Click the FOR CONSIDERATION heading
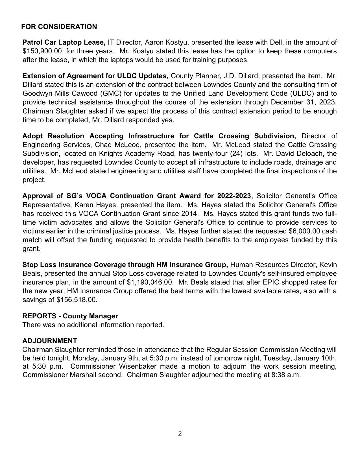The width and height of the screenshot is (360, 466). point(59,27)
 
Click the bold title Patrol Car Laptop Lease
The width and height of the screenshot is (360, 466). point(64,42)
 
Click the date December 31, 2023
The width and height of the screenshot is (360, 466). point(304,102)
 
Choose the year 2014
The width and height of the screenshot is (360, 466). point(190,213)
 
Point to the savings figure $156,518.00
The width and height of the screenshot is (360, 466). point(77,300)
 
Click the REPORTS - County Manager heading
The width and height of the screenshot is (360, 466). point(70,316)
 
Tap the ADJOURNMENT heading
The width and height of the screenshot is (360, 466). point(50,341)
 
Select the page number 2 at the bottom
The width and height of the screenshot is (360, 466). point(180,434)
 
